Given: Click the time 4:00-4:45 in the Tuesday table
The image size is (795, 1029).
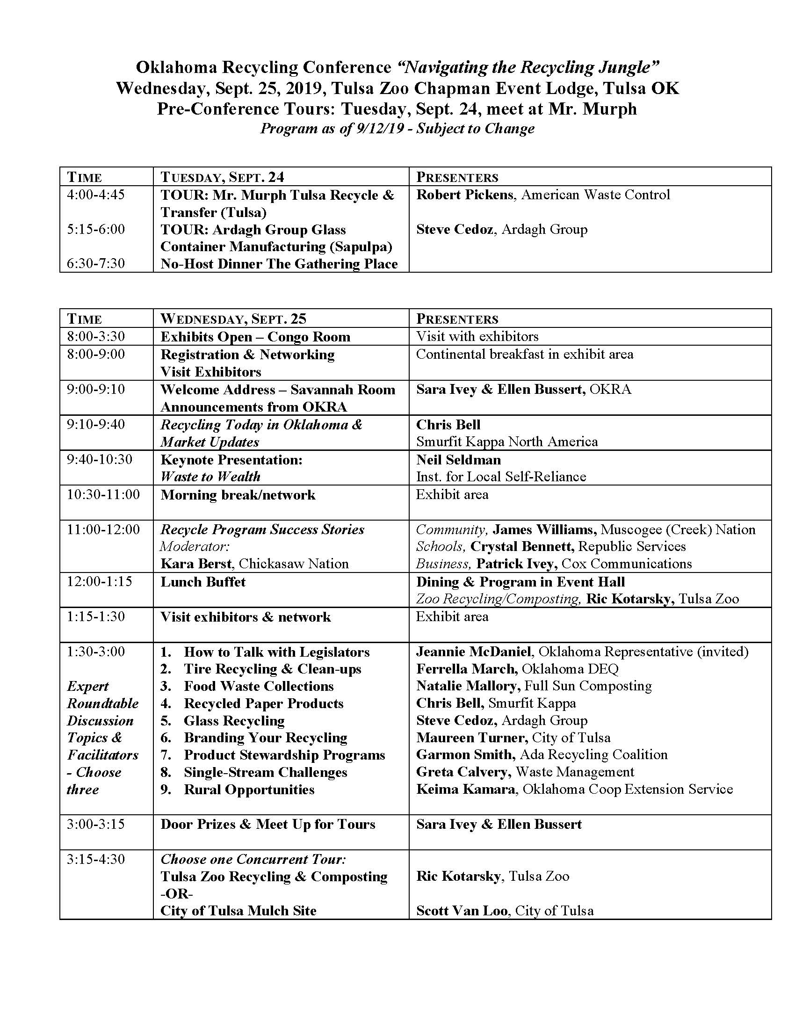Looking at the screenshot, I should pos(95,195).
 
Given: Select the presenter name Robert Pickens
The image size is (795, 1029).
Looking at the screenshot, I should pos(464,195).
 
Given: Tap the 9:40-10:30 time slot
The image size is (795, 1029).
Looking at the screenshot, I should pos(99,459).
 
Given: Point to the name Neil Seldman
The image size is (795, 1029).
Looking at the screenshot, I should pos(458,459).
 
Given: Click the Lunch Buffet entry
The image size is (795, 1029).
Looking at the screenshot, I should pos(203,582).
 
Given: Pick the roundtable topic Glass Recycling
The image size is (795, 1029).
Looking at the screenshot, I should pos(234,721).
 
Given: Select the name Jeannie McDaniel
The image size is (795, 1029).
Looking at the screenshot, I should pos(473,652).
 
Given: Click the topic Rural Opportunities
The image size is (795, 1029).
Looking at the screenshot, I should pos(249,790).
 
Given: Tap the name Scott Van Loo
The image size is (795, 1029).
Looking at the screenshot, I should pos(462,911).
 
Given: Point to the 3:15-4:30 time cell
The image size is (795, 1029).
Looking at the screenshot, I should pos(95,859).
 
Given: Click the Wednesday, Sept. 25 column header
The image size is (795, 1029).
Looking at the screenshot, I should pos(233,319).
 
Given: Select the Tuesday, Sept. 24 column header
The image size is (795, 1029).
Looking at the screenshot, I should pos(222,177).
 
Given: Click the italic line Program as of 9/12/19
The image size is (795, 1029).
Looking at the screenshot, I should pos(397,129).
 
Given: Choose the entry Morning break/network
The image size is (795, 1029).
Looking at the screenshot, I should pos(238,495).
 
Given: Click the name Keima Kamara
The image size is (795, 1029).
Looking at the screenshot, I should pos(465,789).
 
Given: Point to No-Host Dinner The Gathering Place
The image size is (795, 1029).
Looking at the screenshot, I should pos(279,264).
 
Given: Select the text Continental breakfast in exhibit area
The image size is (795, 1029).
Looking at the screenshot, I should pos(525,354).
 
